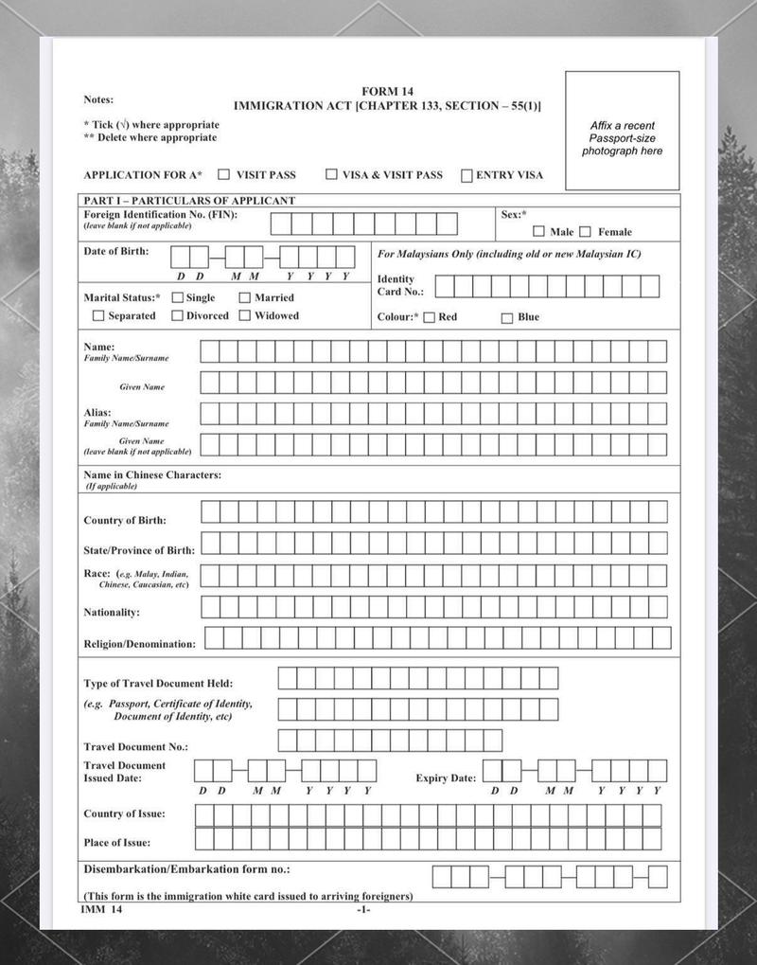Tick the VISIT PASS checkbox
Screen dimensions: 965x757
coord(224,174)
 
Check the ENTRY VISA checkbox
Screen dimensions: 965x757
coord(467,175)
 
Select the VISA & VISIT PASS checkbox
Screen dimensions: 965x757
coord(331,174)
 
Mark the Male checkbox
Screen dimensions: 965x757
coord(538,231)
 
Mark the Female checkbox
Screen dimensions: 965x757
coord(585,231)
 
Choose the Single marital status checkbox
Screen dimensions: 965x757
coord(177,297)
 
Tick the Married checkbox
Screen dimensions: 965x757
coord(244,297)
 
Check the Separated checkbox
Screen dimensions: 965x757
coord(98,315)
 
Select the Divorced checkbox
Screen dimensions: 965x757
coord(177,315)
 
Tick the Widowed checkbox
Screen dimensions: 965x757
coord(244,315)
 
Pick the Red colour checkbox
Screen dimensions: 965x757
coord(429,317)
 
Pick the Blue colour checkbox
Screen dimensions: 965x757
coord(507,317)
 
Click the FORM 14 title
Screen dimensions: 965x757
coord(387,91)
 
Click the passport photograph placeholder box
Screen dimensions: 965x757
coord(622,131)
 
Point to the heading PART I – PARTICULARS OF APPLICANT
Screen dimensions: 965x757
coord(189,201)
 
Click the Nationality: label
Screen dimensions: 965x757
coord(112,613)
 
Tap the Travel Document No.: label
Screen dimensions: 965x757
coord(135,747)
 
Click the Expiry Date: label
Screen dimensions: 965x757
coord(446,778)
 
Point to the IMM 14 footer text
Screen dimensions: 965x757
coord(101,909)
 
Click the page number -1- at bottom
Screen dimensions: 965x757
coord(363,910)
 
